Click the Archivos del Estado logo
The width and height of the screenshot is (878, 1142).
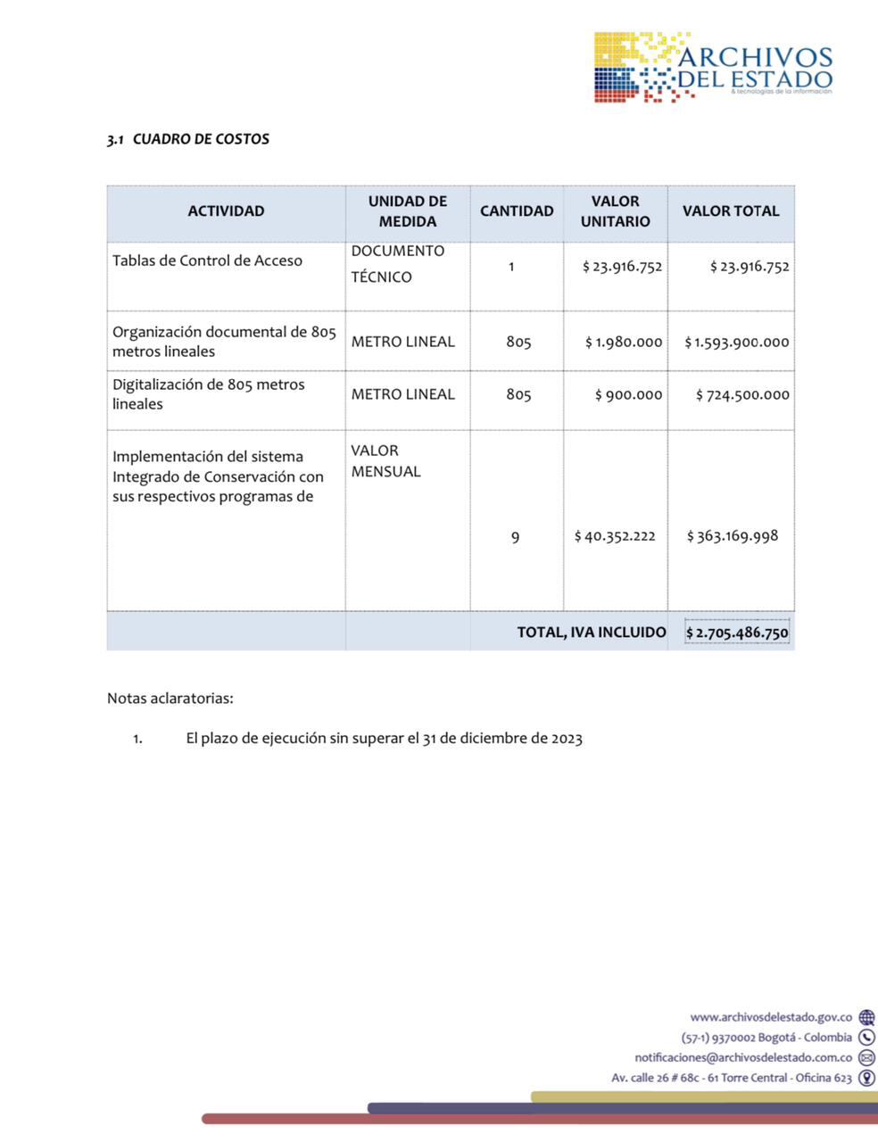point(714,68)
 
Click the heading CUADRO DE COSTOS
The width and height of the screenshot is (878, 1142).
point(200,139)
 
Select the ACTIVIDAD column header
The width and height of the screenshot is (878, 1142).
point(226,211)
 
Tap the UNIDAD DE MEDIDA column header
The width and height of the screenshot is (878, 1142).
point(408,211)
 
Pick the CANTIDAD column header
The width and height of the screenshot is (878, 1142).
point(517,211)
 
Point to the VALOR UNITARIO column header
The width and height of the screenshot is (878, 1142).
point(615,211)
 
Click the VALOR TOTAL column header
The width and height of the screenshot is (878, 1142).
point(731,211)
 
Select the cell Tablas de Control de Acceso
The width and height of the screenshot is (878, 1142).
point(207,261)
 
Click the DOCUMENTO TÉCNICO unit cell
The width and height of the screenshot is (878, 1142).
point(397,264)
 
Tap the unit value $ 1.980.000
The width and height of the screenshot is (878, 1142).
point(624,342)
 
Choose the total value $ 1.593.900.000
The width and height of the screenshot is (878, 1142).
point(737,342)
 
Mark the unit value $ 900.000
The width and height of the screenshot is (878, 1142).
point(628,394)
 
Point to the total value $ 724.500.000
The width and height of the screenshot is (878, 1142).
point(742,394)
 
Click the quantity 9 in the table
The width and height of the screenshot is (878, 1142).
point(515,537)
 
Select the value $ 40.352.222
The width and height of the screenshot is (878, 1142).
point(615,536)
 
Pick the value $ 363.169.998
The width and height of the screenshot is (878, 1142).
point(733,536)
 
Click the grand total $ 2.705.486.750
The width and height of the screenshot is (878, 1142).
point(737,633)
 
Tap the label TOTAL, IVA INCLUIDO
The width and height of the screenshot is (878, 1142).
point(592,633)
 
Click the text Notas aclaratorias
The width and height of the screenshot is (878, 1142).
point(170,699)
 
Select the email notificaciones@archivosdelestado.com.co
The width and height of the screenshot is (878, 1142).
point(743,1057)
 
